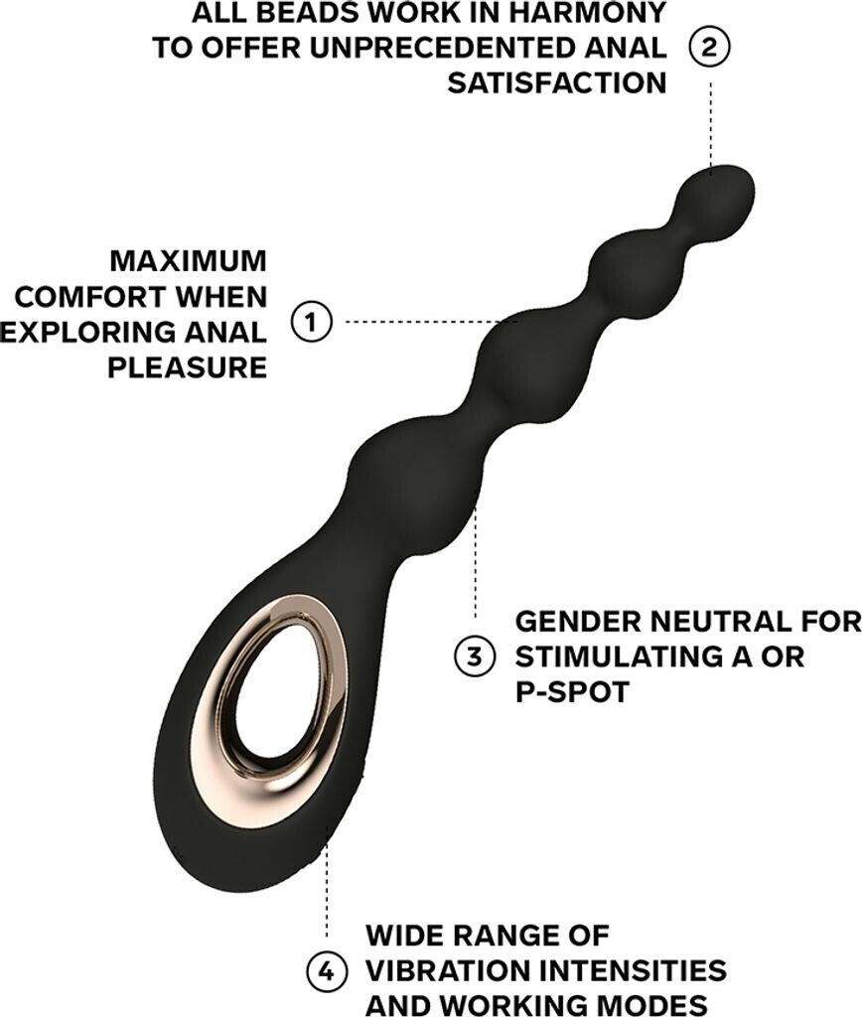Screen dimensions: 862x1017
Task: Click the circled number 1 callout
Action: (x=312, y=323)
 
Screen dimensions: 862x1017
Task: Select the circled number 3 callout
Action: (x=475, y=655)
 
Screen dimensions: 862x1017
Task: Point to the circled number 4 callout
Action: (x=327, y=969)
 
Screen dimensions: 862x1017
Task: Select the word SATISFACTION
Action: (x=556, y=81)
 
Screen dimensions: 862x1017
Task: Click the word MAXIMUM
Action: (x=189, y=261)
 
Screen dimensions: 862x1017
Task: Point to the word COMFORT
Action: (x=84, y=296)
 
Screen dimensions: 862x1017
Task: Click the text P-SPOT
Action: (x=572, y=691)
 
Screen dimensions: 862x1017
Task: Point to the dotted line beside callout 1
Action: (x=422, y=322)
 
